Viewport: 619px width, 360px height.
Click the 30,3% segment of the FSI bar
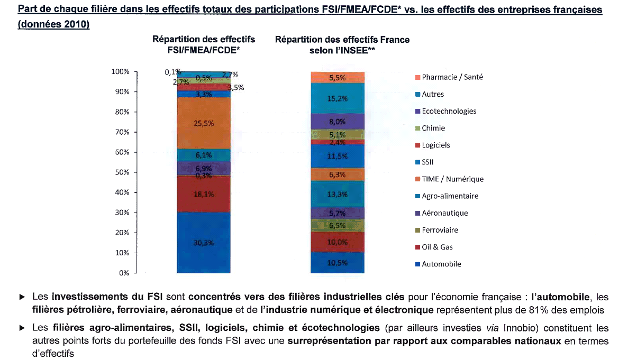204,243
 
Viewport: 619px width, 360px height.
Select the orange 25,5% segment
204,123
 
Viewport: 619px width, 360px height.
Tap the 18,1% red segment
204,194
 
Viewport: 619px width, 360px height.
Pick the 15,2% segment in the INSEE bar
338,98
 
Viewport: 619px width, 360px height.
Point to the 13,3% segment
338,195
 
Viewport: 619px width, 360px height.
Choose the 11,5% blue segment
338,156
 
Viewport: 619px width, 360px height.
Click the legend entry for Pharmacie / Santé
452,77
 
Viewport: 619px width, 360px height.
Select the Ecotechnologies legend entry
449,112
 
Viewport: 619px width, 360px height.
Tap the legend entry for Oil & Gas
437,247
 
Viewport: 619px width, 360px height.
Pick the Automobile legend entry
441,264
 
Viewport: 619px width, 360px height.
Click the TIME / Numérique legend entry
452,179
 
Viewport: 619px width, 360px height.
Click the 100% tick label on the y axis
121,72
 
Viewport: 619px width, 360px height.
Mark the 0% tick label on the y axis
124,273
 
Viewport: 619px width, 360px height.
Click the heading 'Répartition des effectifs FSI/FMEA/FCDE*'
204,44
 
